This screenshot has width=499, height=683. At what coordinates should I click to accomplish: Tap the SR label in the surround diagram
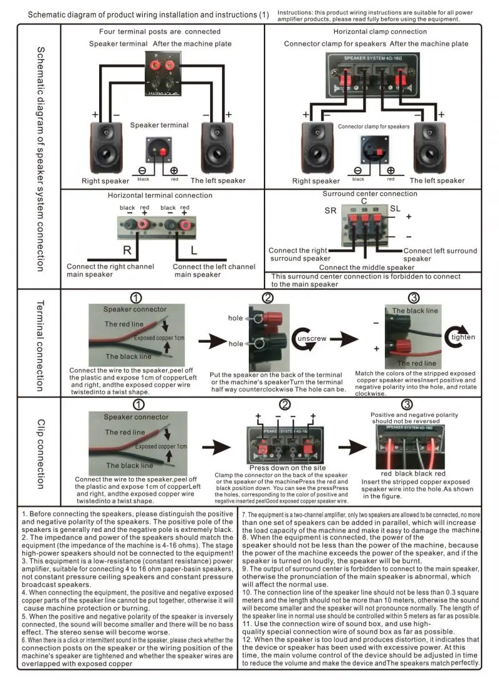pos(331,211)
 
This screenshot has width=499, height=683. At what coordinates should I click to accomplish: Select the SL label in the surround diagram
pos(395,208)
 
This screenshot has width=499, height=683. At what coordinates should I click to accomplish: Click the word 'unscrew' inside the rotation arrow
pos(311,338)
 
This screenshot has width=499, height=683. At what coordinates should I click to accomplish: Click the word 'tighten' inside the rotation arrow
pos(463,337)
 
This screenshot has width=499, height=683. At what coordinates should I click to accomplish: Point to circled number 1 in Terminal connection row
pos(137,298)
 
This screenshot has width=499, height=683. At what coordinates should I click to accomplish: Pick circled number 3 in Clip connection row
pos(407,405)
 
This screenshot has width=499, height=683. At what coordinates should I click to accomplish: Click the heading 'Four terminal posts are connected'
pos(160,31)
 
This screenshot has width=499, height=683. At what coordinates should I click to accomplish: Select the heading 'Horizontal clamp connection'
pos(380,31)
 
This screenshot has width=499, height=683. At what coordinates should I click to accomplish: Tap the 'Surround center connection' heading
pos(370,194)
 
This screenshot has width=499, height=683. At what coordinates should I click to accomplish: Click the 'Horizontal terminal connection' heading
pos(160,195)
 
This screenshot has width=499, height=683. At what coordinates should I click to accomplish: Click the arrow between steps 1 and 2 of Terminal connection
pos(210,341)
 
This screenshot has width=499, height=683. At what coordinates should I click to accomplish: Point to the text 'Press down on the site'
pos(288,467)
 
